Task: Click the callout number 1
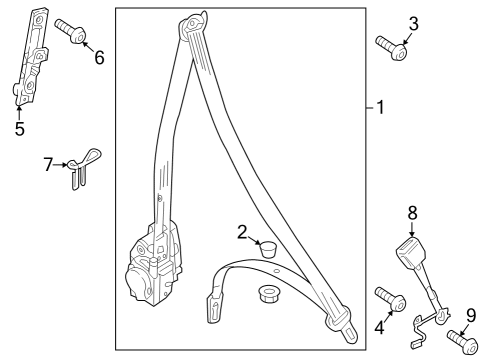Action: tap(380, 107)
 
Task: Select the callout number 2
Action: tap(242, 232)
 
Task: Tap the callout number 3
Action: tap(413, 24)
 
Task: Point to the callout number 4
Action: tap(379, 327)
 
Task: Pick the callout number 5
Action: tap(20, 128)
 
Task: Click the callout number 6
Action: tap(99, 57)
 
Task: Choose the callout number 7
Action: tap(49, 164)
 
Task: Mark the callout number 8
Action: tap(412, 213)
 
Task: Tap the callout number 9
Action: tap(471, 316)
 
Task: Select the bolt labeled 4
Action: tap(391, 299)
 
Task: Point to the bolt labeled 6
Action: tap(71, 31)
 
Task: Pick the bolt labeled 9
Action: tap(463, 340)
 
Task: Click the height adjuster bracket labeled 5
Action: tap(31, 57)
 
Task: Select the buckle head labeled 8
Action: tap(411, 252)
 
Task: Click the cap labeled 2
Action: tap(269, 248)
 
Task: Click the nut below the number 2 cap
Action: tap(268, 293)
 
